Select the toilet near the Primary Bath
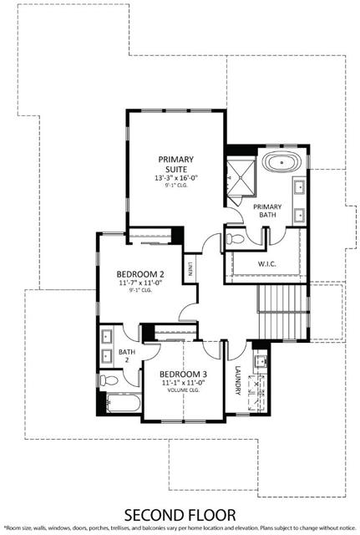point(236,240)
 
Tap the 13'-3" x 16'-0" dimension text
point(176,178)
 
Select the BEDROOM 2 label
point(139,274)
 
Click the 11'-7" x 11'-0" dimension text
point(139,283)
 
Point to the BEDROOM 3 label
point(182,373)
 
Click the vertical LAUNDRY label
point(237,380)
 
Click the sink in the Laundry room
point(260,361)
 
